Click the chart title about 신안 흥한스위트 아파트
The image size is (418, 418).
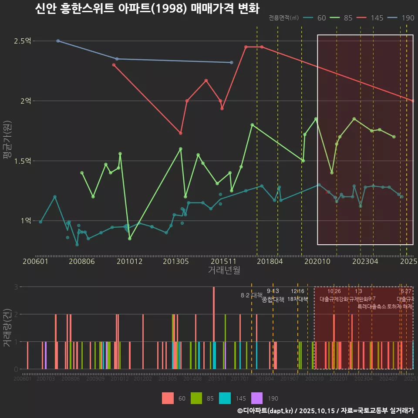tap(147, 9)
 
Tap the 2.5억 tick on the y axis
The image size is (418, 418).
tap(23, 41)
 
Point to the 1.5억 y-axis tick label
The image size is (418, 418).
tap(23, 161)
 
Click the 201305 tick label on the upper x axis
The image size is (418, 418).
tap(175, 262)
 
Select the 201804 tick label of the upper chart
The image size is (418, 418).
tap(270, 262)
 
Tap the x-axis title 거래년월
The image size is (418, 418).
tap(224, 270)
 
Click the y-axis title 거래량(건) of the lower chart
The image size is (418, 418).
tap(7, 328)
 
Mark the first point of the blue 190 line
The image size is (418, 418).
tap(58, 41)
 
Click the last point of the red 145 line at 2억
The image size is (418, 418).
tap(412, 101)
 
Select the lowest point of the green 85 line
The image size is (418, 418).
tap(129, 239)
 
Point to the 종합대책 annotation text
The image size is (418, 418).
tap(273, 300)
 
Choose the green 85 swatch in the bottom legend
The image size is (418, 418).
tap(197, 398)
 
